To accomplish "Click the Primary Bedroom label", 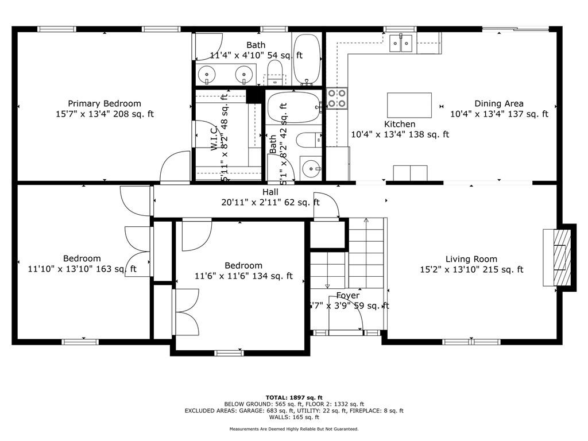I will tap(105, 103).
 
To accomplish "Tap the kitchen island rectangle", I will tap(409, 105).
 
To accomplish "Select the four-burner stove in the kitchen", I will tap(337, 98).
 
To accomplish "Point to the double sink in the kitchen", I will tap(401, 43).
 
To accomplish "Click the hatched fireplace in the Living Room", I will tap(559, 257).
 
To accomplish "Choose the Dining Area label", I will tap(498, 103).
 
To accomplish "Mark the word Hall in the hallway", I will tap(270, 192).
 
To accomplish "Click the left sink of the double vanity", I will tap(206, 74).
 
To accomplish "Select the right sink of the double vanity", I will tap(245, 74).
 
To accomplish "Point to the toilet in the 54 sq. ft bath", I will tap(275, 72).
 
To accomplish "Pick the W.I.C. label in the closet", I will tap(213, 138).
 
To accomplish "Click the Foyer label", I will tap(348, 295).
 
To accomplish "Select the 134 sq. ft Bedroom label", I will tap(243, 265).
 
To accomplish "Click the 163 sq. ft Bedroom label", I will tap(82, 258).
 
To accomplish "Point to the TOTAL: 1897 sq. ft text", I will tap(294, 397).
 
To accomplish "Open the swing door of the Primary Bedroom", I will tap(176, 167).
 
